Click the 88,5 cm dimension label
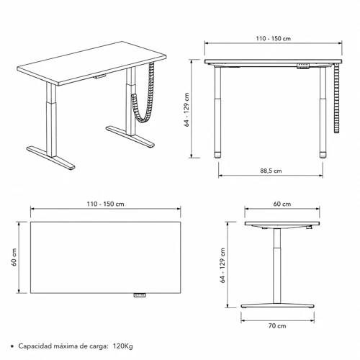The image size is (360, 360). pos(271,171)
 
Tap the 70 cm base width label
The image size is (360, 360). pos(277,326)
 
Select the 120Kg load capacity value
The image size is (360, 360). pos(122,346)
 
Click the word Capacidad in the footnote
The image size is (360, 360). pos(35,346)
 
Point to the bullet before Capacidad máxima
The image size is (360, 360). pos(12,346)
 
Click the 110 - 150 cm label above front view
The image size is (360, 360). pos(273,39)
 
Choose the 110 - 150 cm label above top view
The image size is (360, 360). pos(105,204)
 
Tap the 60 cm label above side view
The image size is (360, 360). pos(282,204)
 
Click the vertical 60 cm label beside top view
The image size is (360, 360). pos(14,257)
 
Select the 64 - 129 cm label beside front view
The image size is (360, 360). pos(186,109)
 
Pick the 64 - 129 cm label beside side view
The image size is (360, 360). pos(222,266)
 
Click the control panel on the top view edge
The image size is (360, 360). pos(140,295)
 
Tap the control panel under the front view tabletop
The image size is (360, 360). pos(303,66)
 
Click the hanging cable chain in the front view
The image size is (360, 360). pos(337,99)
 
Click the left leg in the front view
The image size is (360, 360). pos(217,112)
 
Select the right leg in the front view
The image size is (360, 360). pos(323,112)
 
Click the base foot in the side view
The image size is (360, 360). pos(277,306)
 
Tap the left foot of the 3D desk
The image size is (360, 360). pos(51,158)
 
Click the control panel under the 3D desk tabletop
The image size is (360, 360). pos(99,76)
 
